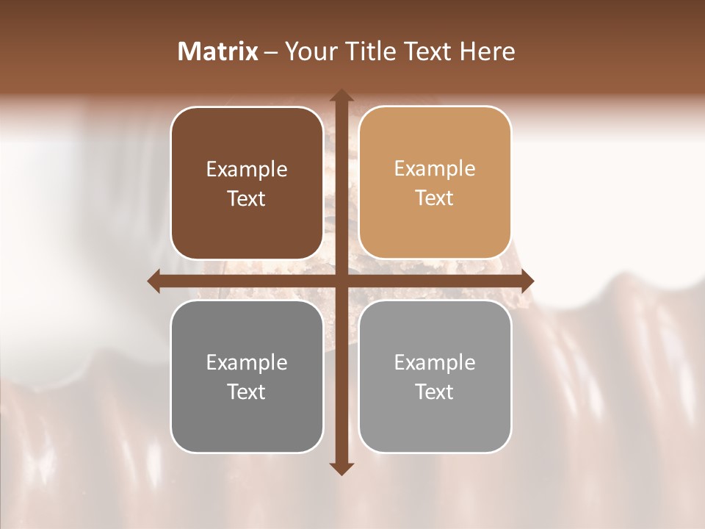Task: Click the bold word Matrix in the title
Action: coord(218,51)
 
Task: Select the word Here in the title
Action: coord(488,51)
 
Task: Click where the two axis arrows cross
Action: coord(341,281)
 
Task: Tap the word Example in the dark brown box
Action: coord(247,170)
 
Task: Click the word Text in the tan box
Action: coord(435,198)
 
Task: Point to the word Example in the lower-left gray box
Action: coord(247,363)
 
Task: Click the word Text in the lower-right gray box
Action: coord(435,392)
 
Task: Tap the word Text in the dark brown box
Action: coord(247,198)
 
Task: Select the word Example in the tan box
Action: coord(435,169)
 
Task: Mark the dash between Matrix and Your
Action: coord(271,53)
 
